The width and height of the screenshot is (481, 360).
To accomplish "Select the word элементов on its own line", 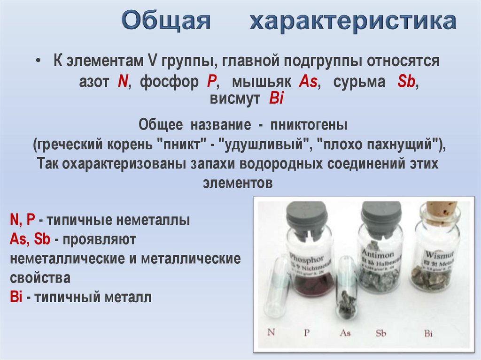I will [x=238, y=183].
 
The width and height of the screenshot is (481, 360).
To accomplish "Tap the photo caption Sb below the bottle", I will [x=381, y=333].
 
